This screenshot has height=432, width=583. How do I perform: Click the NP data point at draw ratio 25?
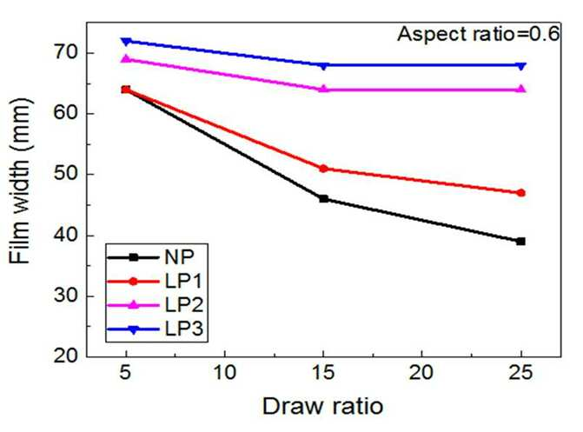521,242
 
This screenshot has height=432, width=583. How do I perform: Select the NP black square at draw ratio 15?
324,199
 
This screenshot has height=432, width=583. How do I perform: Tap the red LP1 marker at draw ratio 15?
324,169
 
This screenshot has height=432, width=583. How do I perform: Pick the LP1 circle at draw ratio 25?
521,193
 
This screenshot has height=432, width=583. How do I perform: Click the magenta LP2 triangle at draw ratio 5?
126,59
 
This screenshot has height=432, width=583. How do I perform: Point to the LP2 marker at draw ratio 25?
521,89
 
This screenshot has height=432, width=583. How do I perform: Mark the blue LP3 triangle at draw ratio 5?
126,42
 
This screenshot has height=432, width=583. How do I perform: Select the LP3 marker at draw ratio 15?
324,66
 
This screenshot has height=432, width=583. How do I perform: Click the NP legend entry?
179,256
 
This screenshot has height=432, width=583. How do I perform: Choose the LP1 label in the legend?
183,281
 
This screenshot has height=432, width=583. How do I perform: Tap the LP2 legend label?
184,305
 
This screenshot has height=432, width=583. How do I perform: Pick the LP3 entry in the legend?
184,329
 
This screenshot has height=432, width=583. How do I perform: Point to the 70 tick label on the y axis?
66,52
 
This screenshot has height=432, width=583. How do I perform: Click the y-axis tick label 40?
66,236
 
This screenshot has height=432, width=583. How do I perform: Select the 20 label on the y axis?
66,356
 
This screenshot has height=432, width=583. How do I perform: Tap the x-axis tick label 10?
225,372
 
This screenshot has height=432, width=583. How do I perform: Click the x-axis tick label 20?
422,372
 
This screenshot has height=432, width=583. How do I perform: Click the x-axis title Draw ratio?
322,406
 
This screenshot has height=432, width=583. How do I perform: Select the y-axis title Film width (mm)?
20,181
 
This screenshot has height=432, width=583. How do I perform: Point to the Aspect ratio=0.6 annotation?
478,34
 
